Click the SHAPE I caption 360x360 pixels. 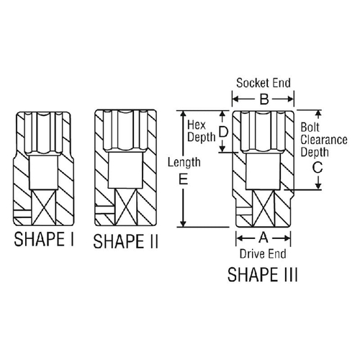click(x=44, y=239)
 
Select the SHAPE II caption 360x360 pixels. click(x=125, y=241)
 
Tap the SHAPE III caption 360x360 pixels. click(x=262, y=274)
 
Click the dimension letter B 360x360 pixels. click(x=264, y=99)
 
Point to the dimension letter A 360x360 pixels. click(x=264, y=238)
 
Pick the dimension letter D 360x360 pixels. click(x=224, y=132)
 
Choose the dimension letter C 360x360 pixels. click(x=318, y=167)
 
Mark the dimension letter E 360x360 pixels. click(x=183, y=179)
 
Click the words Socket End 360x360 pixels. click(x=264, y=83)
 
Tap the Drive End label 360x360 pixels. click(x=263, y=254)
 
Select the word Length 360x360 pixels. click(x=184, y=162)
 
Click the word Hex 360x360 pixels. click(x=197, y=125)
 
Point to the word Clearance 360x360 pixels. click(x=324, y=140)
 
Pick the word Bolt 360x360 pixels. click(x=310, y=127)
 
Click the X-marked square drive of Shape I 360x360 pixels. click(x=44, y=207)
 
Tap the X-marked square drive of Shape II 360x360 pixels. click(x=125, y=207)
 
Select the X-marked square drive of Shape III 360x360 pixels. click(x=264, y=208)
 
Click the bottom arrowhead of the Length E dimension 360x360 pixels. click(x=183, y=223)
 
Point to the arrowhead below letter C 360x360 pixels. click(x=318, y=186)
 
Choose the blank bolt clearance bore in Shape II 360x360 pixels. click(x=125, y=171)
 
